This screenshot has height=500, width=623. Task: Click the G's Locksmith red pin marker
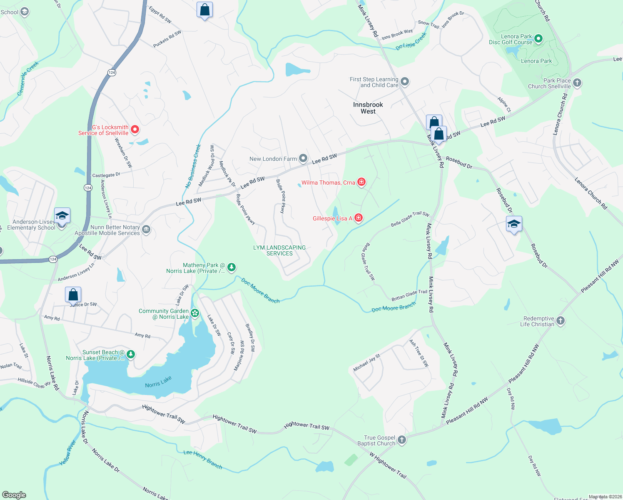[x=135, y=130]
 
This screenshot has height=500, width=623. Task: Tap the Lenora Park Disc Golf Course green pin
[x=538, y=39]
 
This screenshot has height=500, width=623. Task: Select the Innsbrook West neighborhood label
[x=368, y=108]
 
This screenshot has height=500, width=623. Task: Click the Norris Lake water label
[x=158, y=382]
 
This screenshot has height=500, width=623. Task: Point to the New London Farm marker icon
[x=303, y=158]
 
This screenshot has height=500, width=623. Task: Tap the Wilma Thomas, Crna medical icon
[x=361, y=182]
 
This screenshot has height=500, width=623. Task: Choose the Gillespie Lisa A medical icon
[x=359, y=218]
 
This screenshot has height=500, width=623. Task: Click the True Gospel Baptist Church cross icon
[x=401, y=440]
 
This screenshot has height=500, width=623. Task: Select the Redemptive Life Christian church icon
[x=561, y=321]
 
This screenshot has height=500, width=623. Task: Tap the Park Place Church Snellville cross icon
[x=577, y=82]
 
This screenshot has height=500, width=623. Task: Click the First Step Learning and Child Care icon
[x=405, y=82]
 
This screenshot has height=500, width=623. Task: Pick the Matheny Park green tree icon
[x=232, y=267]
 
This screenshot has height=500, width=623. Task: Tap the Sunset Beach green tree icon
[x=131, y=355]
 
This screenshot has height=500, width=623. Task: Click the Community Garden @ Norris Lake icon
[x=194, y=313]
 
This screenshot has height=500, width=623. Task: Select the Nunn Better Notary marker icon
[x=146, y=230]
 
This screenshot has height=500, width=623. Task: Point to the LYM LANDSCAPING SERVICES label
[x=279, y=250]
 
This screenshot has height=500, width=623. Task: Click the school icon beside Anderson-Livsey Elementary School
[x=62, y=216]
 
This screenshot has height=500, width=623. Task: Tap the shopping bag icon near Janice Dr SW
[x=73, y=295]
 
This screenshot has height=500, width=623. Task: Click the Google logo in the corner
[x=14, y=495]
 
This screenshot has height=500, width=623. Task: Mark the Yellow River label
[x=67, y=453]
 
